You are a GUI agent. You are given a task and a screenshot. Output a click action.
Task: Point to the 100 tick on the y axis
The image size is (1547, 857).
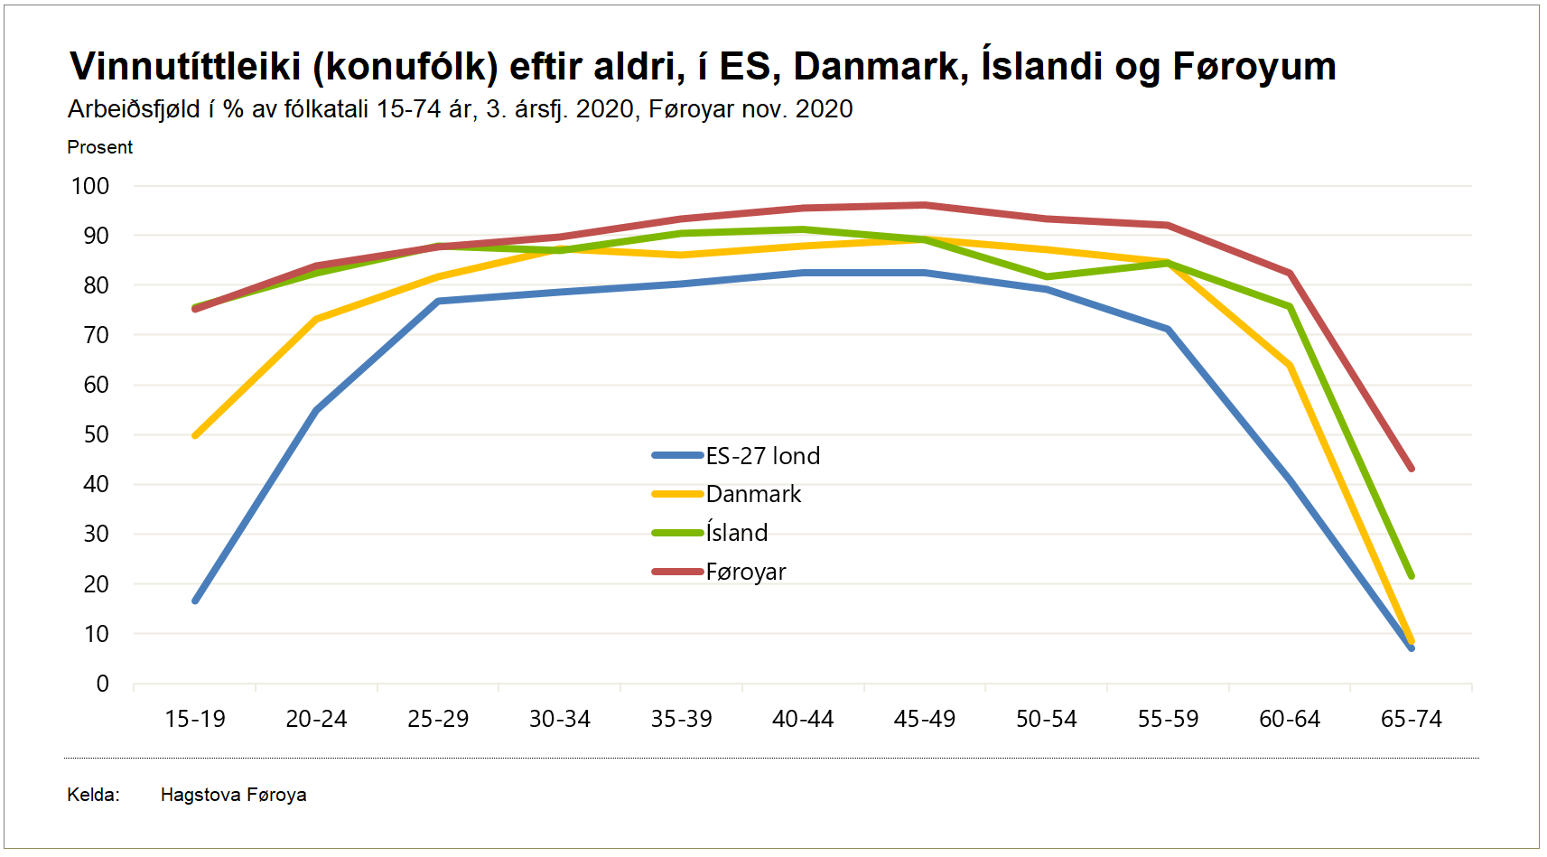[90, 187]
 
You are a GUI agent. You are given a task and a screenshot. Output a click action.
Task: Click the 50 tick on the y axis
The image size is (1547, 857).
[96, 435]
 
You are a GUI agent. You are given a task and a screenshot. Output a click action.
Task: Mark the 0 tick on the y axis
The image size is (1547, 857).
[102, 685]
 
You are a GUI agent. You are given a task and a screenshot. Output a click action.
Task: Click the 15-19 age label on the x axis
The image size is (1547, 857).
[195, 720]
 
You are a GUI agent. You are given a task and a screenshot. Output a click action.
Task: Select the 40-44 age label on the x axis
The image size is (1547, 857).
[803, 720]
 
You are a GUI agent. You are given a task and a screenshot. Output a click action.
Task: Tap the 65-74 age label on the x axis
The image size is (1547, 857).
[1411, 720]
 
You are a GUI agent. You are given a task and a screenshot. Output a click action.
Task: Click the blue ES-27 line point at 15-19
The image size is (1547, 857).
[196, 601]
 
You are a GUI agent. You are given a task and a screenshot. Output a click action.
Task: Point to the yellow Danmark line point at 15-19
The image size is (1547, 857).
[196, 435]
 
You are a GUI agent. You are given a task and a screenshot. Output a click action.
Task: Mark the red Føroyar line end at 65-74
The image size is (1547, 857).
[1411, 469]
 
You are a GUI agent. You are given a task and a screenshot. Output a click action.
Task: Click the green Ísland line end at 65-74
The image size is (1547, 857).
[1411, 575]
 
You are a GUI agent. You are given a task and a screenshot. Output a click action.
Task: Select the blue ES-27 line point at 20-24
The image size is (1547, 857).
[317, 410]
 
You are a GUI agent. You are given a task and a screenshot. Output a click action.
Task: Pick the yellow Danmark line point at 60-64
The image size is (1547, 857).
[1290, 366]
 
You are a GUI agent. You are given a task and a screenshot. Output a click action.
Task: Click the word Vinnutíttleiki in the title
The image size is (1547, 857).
[185, 67]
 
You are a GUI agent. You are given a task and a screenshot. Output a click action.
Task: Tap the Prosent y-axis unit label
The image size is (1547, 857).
[100, 147]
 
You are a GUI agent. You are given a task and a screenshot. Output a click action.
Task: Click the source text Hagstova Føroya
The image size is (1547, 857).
[233, 795]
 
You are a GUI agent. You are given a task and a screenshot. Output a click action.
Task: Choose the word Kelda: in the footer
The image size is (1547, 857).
[93, 795]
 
